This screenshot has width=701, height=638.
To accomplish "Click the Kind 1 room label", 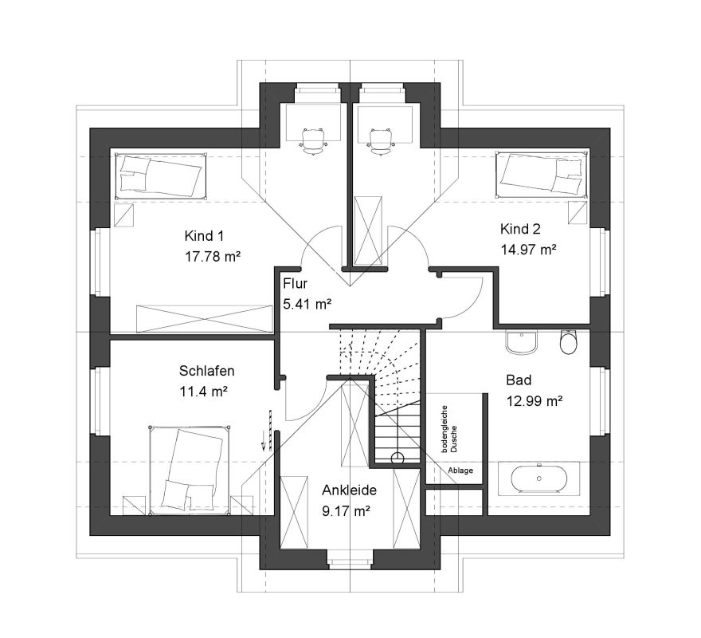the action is (x=204, y=236).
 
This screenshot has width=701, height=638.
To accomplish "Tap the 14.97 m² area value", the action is (x=528, y=250).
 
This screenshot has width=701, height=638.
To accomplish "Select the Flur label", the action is (x=295, y=284).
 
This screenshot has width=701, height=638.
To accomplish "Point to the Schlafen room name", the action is (x=206, y=371).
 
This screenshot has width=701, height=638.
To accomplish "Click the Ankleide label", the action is (x=349, y=490).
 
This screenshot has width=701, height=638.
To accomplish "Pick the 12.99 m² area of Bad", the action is (x=535, y=401).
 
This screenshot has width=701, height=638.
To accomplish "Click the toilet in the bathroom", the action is (x=569, y=342).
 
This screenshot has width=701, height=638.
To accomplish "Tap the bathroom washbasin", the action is (x=521, y=342).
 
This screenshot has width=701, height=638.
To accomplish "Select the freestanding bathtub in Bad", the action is (x=539, y=478).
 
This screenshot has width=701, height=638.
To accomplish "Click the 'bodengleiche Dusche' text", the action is (x=448, y=429).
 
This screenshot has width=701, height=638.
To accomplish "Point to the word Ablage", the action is (x=460, y=471).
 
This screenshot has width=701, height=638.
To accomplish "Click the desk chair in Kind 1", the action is (x=313, y=140).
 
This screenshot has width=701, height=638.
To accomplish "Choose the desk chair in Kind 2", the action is (x=381, y=140).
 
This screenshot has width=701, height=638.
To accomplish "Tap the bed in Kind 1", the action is (x=161, y=176).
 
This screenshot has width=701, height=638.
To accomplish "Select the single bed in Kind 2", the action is (x=542, y=174).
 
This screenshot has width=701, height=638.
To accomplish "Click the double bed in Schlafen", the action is (x=190, y=471).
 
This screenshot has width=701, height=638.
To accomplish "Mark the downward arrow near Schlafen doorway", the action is (x=264, y=440).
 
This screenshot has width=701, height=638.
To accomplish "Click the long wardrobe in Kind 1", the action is (x=204, y=319).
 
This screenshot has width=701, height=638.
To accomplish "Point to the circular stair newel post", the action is (x=397, y=458).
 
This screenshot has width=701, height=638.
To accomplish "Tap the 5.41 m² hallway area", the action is (x=307, y=305).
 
